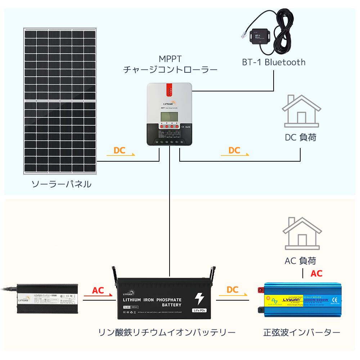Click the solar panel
tap(60, 101)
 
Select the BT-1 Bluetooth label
tap(274, 62)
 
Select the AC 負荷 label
tap(300, 260)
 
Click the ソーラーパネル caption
tap(61, 185)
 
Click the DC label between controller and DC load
tap(234, 150)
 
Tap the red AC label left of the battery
tap(98, 290)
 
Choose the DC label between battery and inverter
tap(233, 290)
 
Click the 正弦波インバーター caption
tap(301, 332)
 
